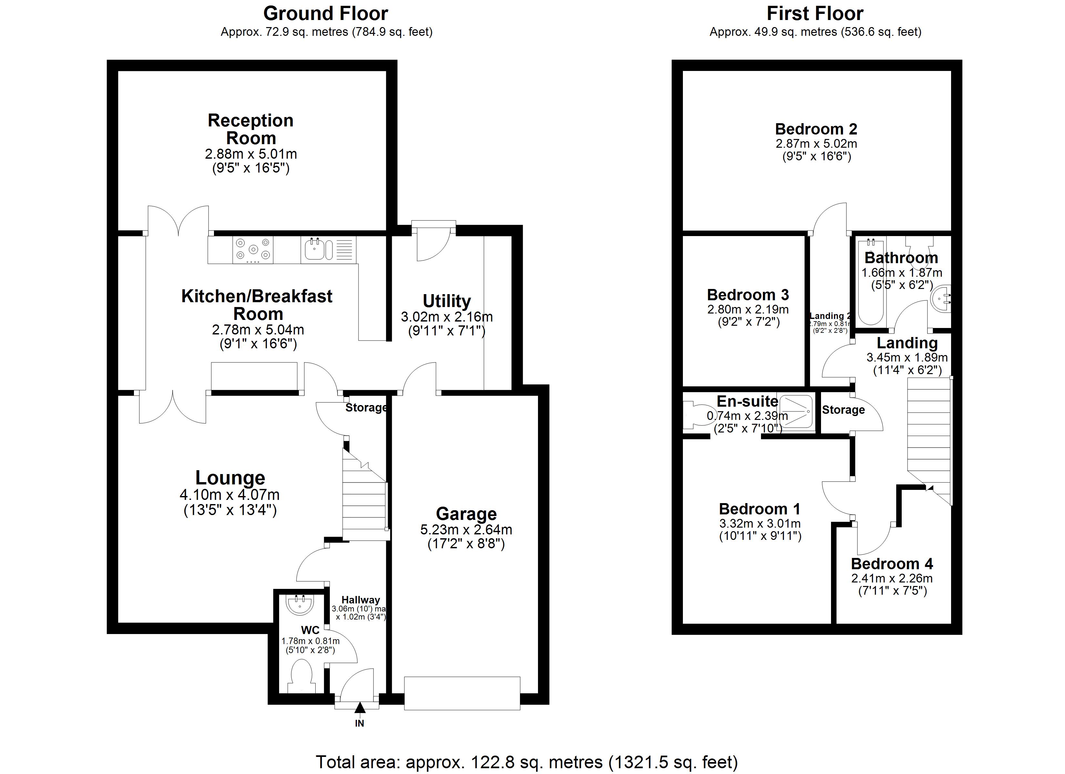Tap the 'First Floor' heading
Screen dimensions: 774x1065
815,14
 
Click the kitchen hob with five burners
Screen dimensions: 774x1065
253,249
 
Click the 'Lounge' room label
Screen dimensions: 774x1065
230,478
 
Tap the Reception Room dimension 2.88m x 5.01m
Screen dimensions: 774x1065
251,154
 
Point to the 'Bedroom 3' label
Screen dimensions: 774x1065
747,295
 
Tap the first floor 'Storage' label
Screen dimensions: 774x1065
843,410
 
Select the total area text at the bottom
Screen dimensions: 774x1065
526,762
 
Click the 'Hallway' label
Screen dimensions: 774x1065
360,600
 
